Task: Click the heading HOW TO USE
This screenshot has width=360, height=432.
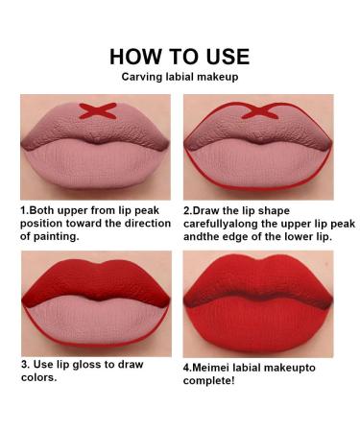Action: click(x=180, y=57)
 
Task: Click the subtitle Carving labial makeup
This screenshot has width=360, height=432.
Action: click(x=180, y=78)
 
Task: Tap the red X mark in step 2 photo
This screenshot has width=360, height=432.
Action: click(x=257, y=111)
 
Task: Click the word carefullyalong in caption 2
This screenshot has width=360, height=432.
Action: click(x=227, y=222)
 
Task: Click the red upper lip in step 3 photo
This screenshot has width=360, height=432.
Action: click(x=95, y=279)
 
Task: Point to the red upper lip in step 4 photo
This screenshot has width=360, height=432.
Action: click(x=257, y=278)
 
